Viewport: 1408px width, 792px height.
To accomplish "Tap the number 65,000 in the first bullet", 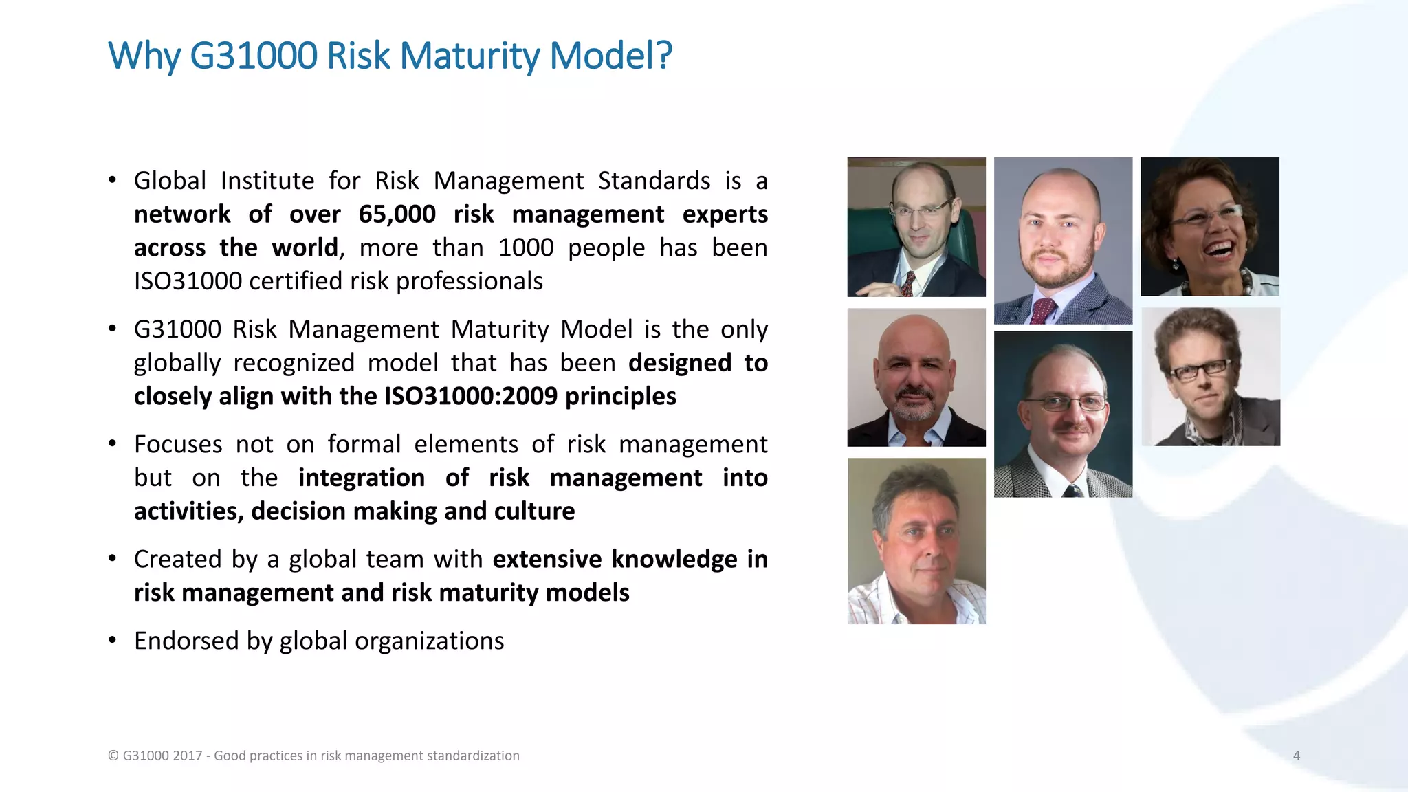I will pyautogui.click(x=397, y=214).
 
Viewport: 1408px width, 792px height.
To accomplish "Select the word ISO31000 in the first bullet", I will pyautogui.click(x=188, y=281).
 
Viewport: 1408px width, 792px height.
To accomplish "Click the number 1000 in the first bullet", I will pyautogui.click(x=525, y=247).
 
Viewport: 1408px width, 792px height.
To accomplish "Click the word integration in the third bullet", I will pyautogui.click(x=361, y=478).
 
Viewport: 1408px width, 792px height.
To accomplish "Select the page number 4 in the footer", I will pyautogui.click(x=1296, y=756).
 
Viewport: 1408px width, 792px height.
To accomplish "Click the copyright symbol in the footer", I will pyautogui.click(x=113, y=756).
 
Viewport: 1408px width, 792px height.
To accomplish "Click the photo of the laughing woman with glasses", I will pyautogui.click(x=1209, y=227).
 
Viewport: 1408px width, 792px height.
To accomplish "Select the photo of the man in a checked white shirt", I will pyautogui.click(x=916, y=541).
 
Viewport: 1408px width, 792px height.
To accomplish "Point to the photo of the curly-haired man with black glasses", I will pyautogui.click(x=1210, y=377).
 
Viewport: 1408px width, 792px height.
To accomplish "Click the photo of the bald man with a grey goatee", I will pyautogui.click(x=916, y=377).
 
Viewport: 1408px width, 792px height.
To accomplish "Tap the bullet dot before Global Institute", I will pyautogui.click(x=112, y=181).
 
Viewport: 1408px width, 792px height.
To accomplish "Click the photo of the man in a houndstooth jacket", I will pyautogui.click(x=1062, y=414).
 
